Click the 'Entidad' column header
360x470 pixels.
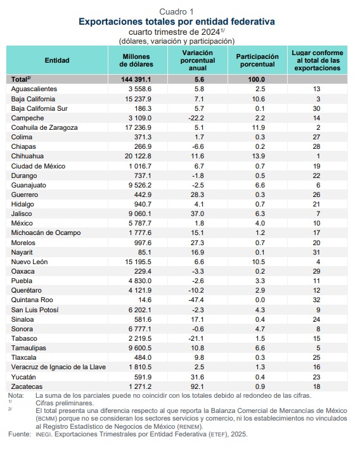click(57, 60)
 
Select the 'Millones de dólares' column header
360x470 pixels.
click(136, 60)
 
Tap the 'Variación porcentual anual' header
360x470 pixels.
click(197, 60)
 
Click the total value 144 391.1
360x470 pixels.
click(136, 79)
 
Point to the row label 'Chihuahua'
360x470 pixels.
click(27, 156)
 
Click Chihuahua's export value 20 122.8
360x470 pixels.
click(138, 156)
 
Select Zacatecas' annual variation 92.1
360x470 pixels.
click(197, 386)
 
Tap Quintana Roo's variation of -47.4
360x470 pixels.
click(196, 300)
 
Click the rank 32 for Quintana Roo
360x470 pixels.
click(316, 300)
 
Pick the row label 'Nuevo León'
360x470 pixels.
click(29, 262)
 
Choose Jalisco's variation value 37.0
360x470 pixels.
click(197, 213)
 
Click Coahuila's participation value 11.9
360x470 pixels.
click(259, 128)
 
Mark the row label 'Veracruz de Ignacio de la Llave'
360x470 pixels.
click(58, 367)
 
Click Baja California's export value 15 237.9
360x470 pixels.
click(138, 99)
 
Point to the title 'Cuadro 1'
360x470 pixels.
click(176, 11)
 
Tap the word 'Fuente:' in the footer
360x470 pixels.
click(20, 435)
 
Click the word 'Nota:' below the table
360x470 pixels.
click(16, 396)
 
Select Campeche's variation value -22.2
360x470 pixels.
click(196, 118)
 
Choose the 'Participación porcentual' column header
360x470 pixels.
click(257, 60)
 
